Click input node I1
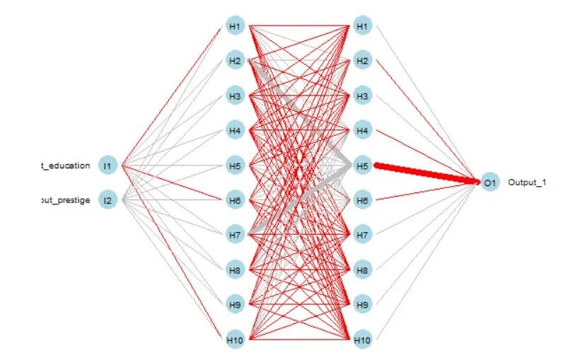(108, 166)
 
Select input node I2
(108, 200)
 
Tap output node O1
(489, 183)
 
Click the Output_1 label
(526, 183)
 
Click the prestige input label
(65, 200)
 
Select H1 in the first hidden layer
(235, 27)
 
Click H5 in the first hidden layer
(235, 166)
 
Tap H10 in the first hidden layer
(235, 340)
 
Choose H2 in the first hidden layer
(235, 62)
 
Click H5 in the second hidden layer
(362, 166)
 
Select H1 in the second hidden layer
(362, 27)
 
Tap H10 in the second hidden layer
(362, 340)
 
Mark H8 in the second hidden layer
(362, 270)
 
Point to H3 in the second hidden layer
(362, 96)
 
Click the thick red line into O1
(424, 173)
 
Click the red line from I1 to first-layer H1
(173, 96)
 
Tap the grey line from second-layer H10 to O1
(424, 262)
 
